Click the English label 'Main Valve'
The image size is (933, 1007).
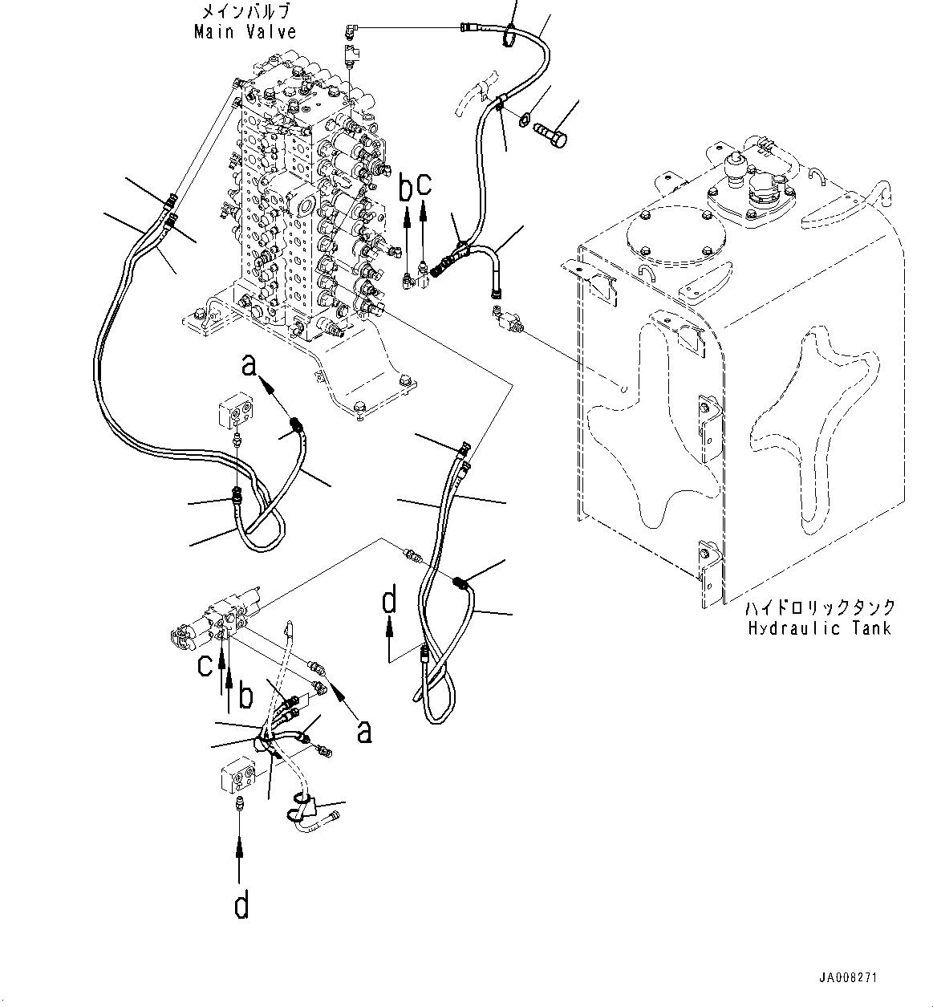pos(245,32)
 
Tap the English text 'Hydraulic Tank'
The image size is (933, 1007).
pos(819,628)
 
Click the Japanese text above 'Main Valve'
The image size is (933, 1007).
pos(245,12)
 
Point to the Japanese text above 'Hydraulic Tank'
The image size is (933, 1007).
pos(819,608)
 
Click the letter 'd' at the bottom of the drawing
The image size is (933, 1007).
pos(241,906)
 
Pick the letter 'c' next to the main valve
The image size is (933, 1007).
pos(424,185)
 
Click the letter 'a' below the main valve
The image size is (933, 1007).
pos(250,367)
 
